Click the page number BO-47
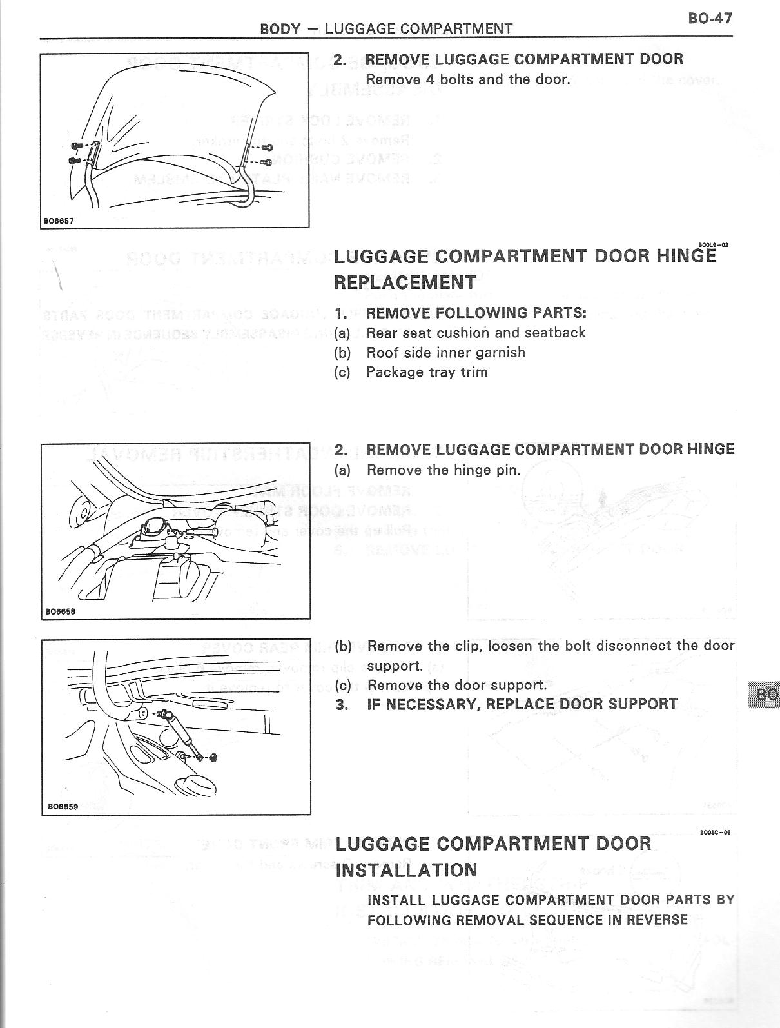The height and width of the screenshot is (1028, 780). coord(710,17)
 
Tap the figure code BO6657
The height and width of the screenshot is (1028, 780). coord(59,221)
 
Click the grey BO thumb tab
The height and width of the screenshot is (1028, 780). coord(765,695)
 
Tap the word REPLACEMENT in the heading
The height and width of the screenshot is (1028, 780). coord(405,282)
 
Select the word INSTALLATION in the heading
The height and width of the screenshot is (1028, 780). coord(406,870)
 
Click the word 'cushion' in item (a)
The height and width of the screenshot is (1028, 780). coord(463,333)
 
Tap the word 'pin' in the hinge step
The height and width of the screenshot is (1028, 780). coord(507,470)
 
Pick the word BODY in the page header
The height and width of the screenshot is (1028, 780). coord(280,28)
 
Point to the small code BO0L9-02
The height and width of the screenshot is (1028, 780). coord(714,245)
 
